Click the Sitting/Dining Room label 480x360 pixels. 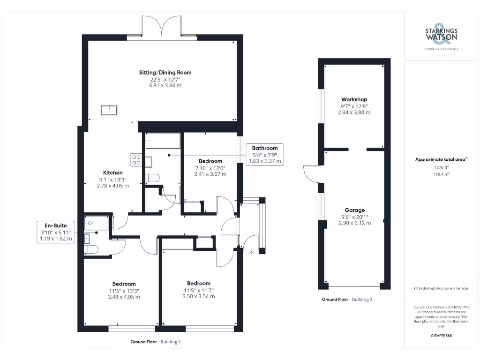pos(165,73)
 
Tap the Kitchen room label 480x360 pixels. pos(112,173)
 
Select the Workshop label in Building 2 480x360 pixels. pos(354,99)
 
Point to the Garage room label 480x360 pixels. pos(354,210)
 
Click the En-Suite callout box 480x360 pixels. pos(56,232)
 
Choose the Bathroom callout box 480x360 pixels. pos(265,154)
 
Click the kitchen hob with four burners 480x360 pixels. pos(136,160)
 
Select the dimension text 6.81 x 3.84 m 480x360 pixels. pos(165,86)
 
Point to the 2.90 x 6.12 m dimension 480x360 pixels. pos(354,223)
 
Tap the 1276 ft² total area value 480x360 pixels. pos(441,167)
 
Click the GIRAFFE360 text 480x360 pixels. pos(441,336)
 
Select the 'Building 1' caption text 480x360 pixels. pos(170,342)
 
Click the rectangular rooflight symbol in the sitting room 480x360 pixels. pos(111,110)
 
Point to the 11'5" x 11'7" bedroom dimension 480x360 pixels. pos(198,290)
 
